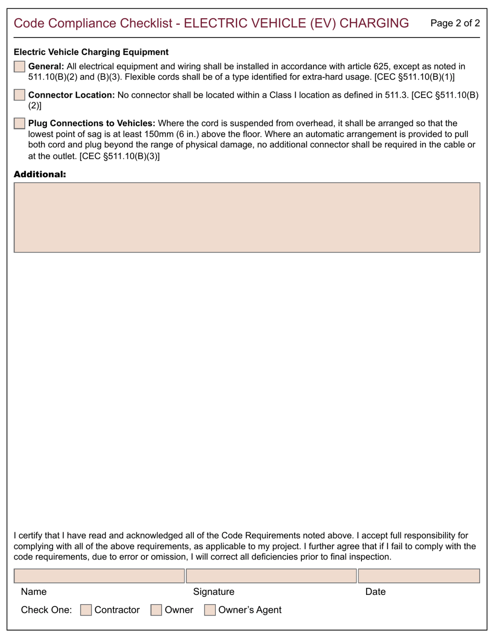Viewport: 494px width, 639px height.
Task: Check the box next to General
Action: point(19,66)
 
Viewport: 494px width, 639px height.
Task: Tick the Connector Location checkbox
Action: point(19,95)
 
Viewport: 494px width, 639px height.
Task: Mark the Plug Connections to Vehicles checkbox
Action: point(19,124)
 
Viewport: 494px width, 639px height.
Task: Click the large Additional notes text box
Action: point(246,217)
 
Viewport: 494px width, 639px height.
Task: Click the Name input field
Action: point(99,576)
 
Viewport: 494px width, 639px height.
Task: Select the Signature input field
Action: point(271,576)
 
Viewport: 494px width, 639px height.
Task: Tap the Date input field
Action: point(419,576)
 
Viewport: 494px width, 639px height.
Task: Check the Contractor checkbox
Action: point(86,610)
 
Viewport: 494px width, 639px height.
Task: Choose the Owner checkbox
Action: point(156,610)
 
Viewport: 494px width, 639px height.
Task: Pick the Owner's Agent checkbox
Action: point(210,610)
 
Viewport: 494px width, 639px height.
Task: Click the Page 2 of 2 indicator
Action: point(456,23)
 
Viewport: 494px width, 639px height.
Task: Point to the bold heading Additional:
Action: point(40,174)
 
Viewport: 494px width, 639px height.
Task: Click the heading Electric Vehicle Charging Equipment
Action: point(91,52)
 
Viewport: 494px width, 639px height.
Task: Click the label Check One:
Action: point(46,610)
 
